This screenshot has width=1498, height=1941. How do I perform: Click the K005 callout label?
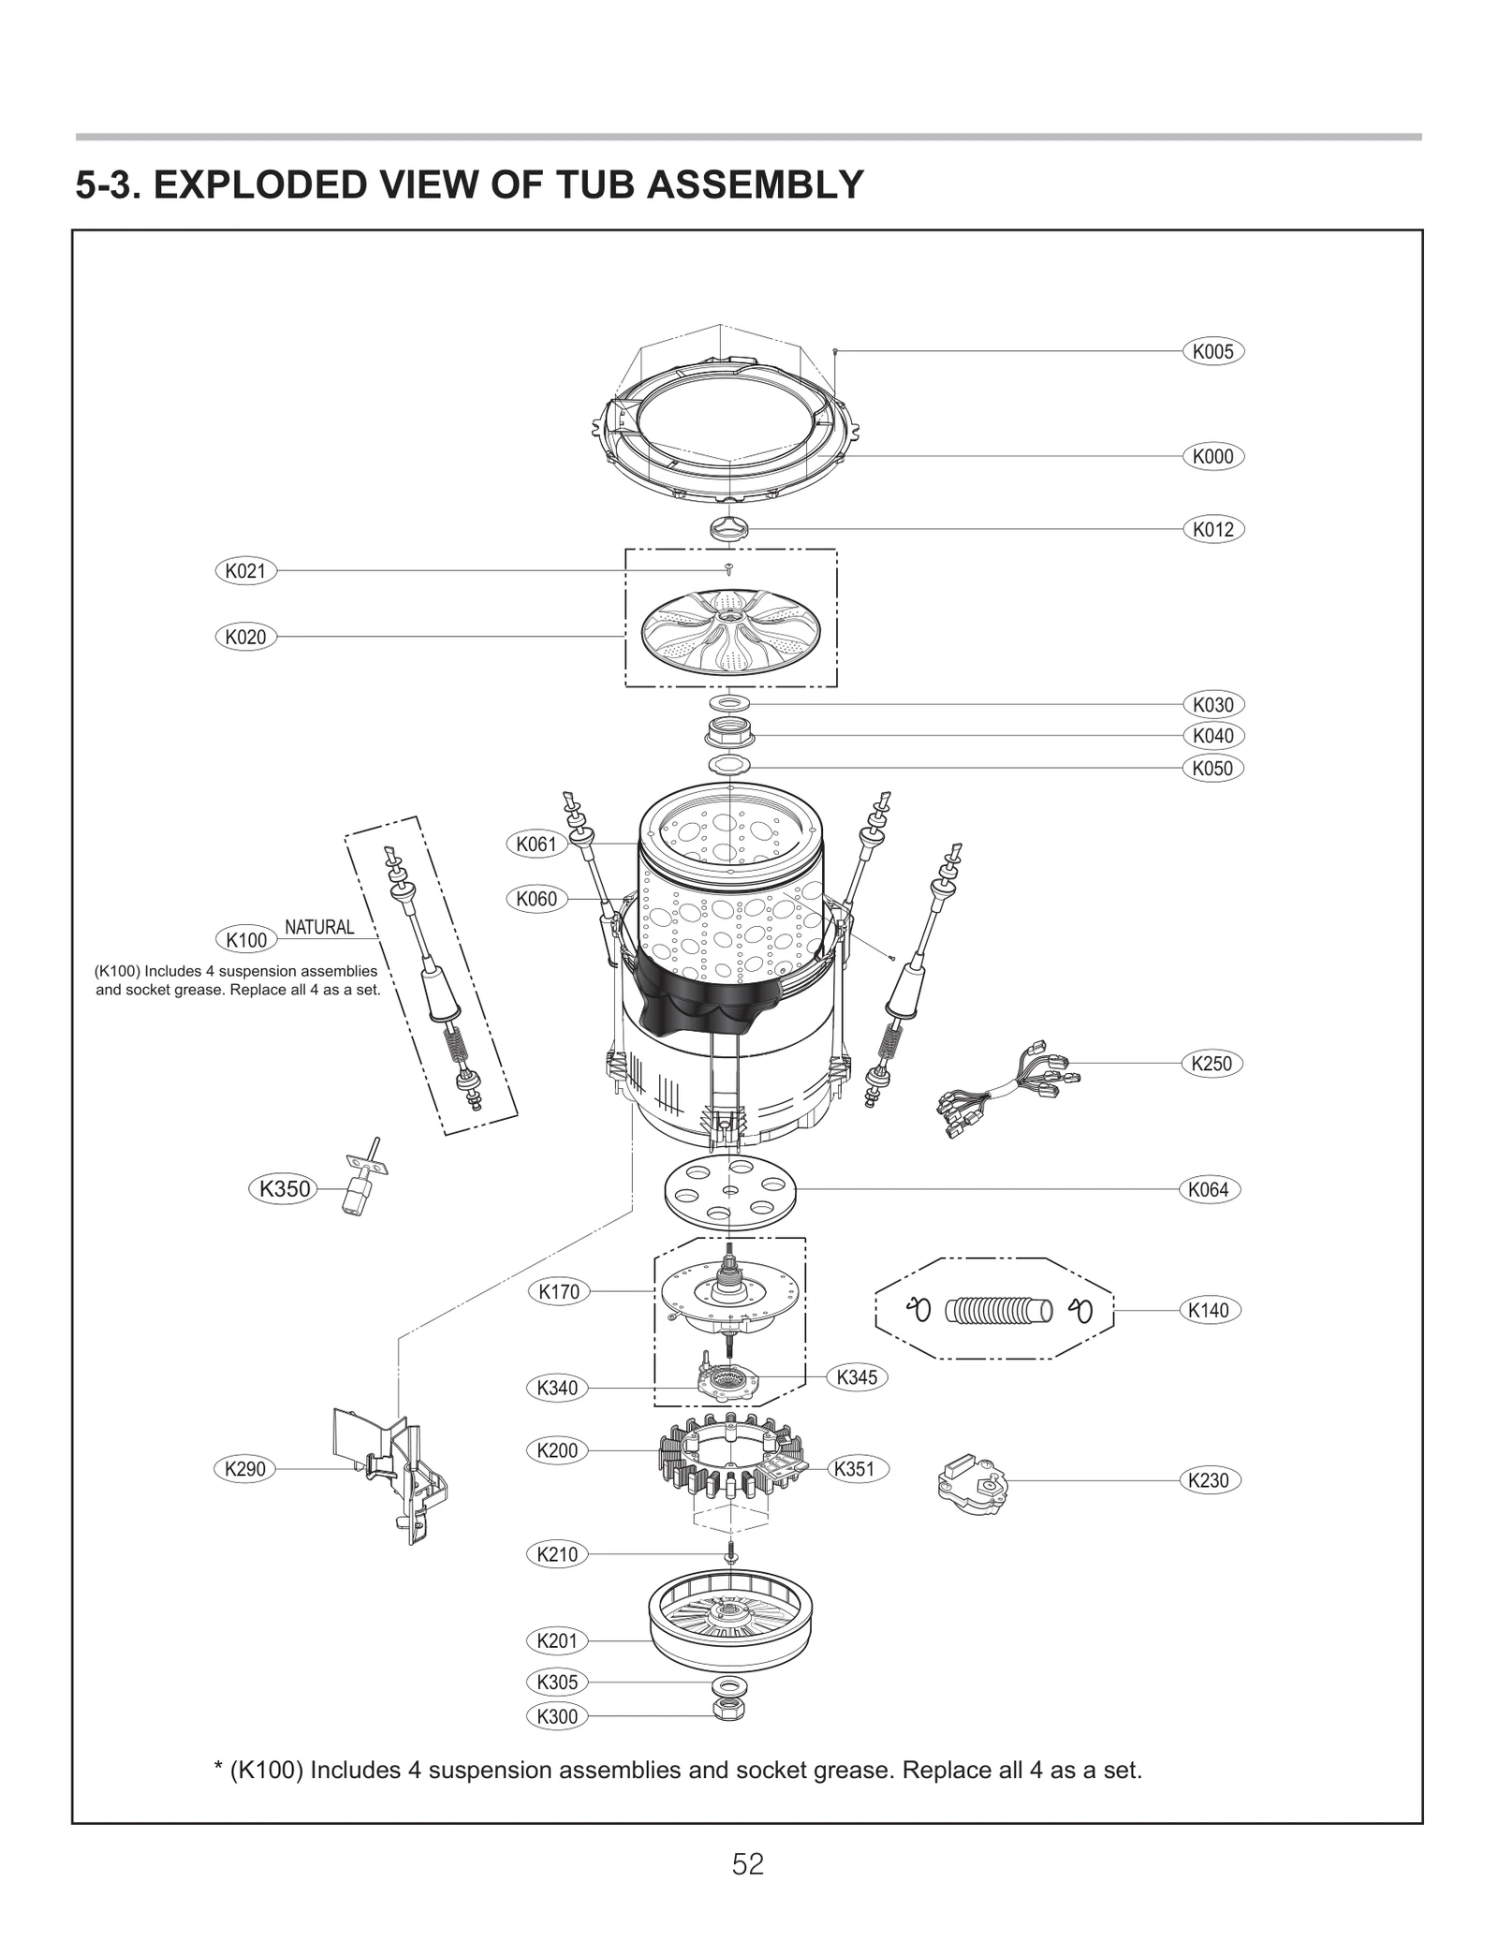point(1212,352)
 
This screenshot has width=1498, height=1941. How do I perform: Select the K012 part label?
point(1212,529)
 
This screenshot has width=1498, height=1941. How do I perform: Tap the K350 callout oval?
point(284,1189)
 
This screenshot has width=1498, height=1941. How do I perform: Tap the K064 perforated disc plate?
point(729,1190)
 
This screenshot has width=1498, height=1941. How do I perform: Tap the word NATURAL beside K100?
point(319,927)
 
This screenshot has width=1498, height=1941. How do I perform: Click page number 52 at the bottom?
point(748,1864)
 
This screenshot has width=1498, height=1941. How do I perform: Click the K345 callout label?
point(857,1377)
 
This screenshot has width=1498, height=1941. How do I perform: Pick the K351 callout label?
point(854,1469)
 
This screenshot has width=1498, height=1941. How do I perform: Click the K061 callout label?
point(536,844)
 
